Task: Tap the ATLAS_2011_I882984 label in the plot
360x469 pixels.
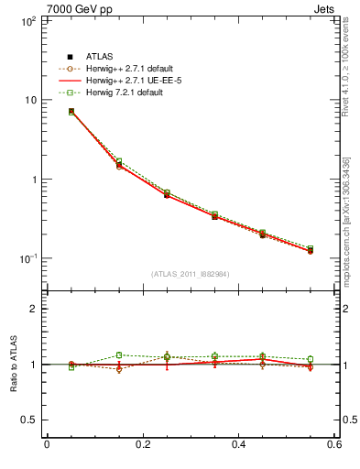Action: (191, 274)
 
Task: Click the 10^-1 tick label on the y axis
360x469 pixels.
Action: (27, 258)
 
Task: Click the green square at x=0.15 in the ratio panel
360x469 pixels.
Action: (118, 354)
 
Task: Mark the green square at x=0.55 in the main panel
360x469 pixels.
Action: (310, 248)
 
